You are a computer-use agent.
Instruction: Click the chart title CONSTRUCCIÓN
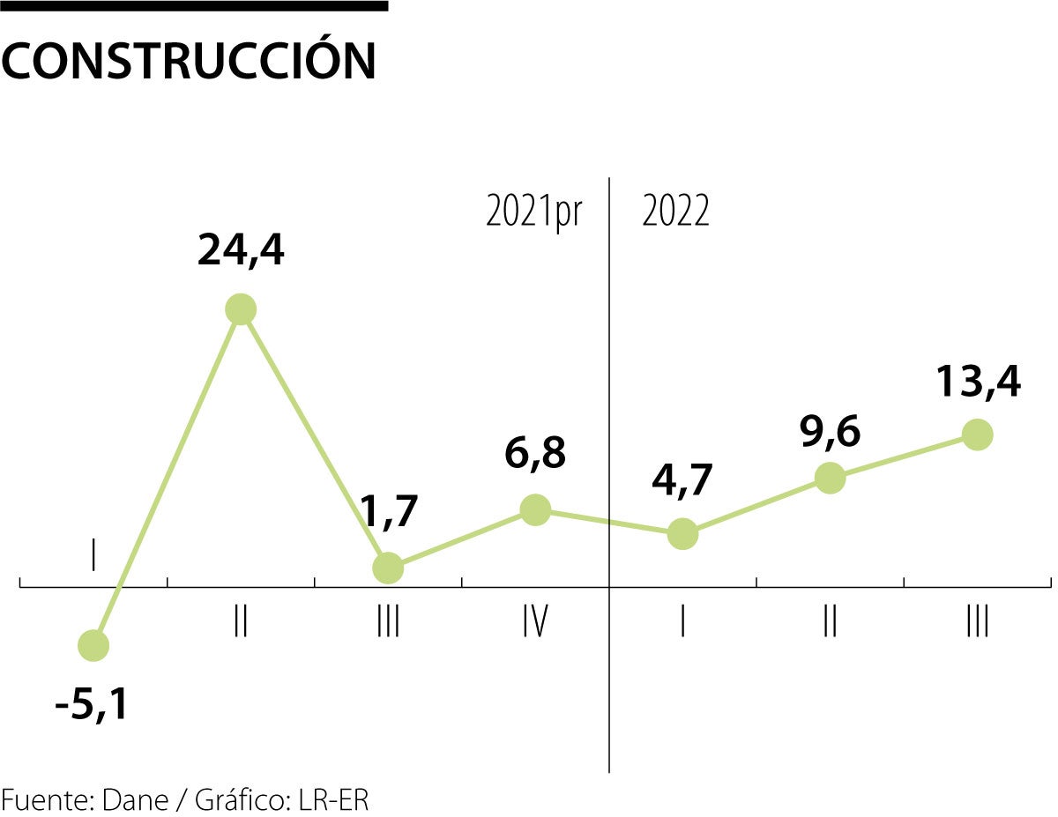(x=190, y=60)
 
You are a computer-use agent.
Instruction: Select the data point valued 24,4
(x=241, y=309)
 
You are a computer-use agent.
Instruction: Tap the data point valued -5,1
(x=93, y=646)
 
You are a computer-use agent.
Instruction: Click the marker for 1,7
(x=388, y=568)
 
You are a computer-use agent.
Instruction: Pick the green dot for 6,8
(x=535, y=509)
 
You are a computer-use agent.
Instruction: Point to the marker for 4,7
(x=682, y=533)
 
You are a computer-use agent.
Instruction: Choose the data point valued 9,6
(x=830, y=479)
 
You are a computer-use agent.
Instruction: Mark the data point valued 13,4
(x=977, y=434)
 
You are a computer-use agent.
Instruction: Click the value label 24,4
(x=241, y=252)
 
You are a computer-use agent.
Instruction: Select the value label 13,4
(x=977, y=383)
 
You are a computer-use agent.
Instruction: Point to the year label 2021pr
(x=534, y=212)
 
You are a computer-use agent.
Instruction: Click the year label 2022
(x=675, y=212)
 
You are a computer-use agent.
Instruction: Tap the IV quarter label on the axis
(x=535, y=623)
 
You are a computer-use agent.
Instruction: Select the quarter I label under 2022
(x=682, y=623)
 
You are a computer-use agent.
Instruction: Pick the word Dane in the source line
(x=134, y=800)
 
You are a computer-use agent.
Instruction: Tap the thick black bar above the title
(x=194, y=6)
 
